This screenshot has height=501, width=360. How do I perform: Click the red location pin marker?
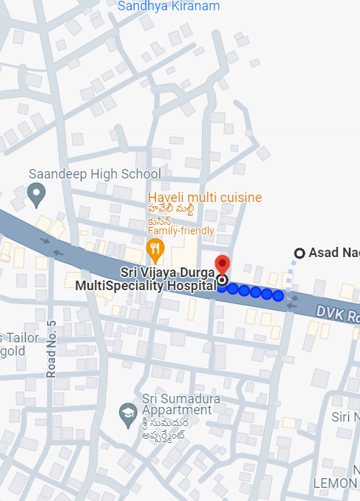(223, 264)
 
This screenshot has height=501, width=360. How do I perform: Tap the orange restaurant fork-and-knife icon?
(154, 248)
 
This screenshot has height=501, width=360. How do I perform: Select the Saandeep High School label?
(95, 174)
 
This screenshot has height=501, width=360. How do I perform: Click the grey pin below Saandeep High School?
(35, 194)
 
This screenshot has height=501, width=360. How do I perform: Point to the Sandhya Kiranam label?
(168, 6)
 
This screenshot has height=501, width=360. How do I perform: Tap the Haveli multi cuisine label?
(204, 198)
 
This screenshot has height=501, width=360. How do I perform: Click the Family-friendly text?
(181, 231)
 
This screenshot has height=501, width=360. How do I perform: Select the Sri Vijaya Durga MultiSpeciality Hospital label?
(145, 279)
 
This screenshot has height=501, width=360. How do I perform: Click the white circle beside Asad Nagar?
(299, 253)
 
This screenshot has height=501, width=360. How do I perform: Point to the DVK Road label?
(337, 314)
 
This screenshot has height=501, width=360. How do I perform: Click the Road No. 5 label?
(51, 350)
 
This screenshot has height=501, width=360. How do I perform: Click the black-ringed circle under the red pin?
(222, 280)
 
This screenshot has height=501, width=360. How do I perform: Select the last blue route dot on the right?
(278, 295)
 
